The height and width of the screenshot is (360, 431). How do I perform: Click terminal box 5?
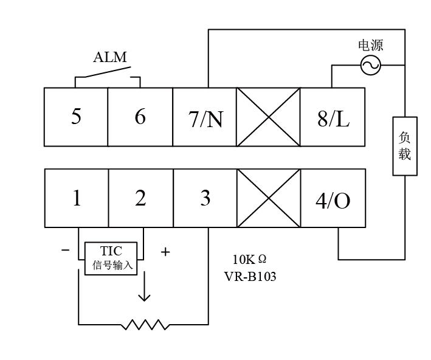[76, 117]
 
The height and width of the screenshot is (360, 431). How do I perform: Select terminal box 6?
[140, 117]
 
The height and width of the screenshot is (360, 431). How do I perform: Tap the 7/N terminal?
[205, 117]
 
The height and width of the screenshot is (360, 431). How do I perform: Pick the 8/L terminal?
[333, 117]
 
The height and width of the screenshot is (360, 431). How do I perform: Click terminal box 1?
[77, 198]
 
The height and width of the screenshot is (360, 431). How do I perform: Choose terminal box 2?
[141, 198]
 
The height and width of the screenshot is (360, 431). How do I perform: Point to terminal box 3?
[205, 198]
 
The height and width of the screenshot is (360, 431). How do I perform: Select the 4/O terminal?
[333, 198]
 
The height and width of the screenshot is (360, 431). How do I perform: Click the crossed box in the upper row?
[268, 117]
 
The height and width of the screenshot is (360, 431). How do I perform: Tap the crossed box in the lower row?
[269, 198]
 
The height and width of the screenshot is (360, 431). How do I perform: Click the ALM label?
[110, 58]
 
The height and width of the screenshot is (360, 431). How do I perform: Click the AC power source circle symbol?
[370, 65]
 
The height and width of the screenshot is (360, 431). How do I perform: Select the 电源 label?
[371, 46]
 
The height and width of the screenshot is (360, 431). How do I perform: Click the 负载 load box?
[405, 146]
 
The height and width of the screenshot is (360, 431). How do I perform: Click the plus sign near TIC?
[165, 251]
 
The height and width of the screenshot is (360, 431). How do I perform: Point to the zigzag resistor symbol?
[144, 324]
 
